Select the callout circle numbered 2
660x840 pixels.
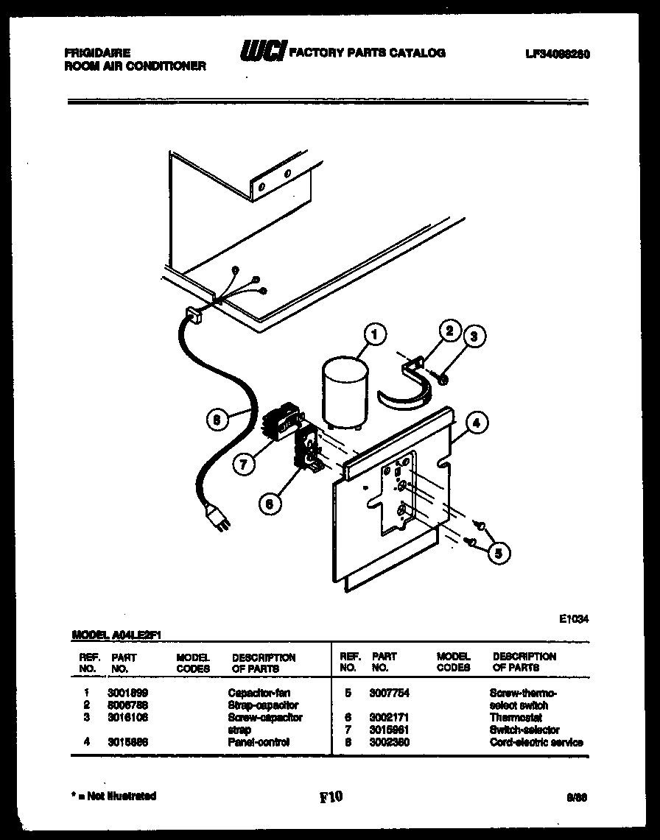pyautogui.click(x=447, y=331)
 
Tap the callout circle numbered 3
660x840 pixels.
pyautogui.click(x=474, y=336)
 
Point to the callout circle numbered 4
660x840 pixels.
pyautogui.click(x=477, y=423)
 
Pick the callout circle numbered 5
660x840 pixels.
pyautogui.click(x=499, y=552)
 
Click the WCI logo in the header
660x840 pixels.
pyautogui.click(x=261, y=52)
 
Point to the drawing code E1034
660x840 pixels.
pyautogui.click(x=574, y=620)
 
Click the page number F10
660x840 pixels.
pyautogui.click(x=331, y=796)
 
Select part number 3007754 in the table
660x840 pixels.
pyautogui.click(x=390, y=693)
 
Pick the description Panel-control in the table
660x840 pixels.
pyautogui.click(x=259, y=742)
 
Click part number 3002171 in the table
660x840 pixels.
pyautogui.click(x=390, y=717)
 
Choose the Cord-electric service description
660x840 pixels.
pyautogui.click(x=536, y=742)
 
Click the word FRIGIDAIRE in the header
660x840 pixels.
pyautogui.click(x=98, y=53)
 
